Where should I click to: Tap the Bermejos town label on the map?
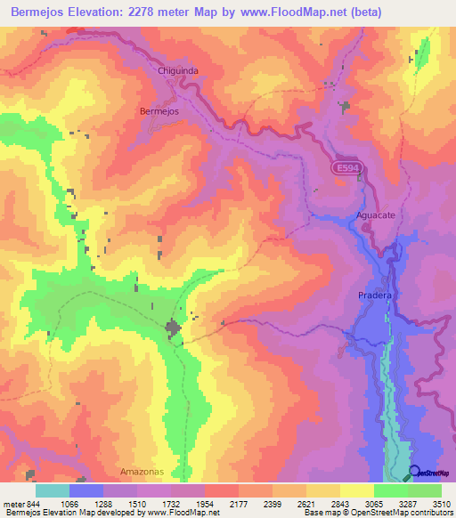(x=160, y=111)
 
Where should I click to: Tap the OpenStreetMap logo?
(x=430, y=473)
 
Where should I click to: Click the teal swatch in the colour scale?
(x=53, y=490)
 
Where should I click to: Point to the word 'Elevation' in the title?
(x=106, y=12)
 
